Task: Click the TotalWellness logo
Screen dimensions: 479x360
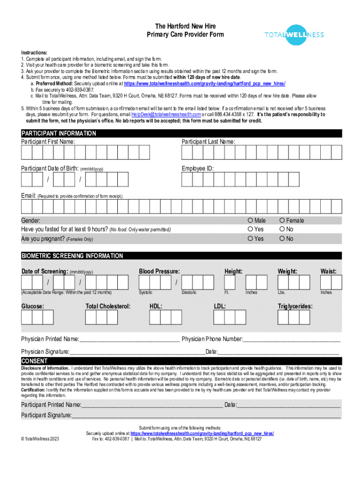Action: point(294,35)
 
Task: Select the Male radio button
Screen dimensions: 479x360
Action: point(251,220)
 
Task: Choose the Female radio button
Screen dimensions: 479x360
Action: point(282,220)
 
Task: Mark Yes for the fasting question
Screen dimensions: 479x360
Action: point(251,229)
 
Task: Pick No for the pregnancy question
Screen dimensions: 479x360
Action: point(282,239)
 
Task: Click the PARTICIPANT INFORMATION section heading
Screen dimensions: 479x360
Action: point(59,133)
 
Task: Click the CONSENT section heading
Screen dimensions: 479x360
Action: point(34,361)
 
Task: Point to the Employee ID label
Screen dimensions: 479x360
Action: point(198,168)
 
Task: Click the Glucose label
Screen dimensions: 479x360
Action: point(33,306)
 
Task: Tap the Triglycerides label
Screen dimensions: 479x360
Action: point(295,306)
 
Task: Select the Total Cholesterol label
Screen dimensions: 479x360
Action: point(108,306)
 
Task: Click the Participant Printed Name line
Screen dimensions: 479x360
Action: point(151,405)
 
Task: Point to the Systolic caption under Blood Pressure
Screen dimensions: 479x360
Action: point(146,292)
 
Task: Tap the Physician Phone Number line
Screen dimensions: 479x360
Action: point(291,339)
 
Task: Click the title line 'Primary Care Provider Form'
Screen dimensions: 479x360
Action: point(185,35)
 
